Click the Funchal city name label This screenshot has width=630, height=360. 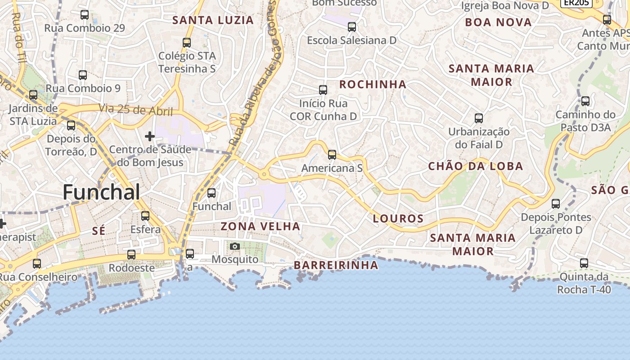click(101, 192)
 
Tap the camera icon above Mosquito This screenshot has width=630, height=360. click(234, 246)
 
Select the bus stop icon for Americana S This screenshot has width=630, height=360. click(332, 155)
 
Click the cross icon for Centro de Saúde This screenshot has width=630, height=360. click(150, 136)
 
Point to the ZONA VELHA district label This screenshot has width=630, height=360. click(261, 226)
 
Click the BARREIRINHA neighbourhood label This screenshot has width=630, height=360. click(336, 265)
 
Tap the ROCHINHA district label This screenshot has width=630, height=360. click(373, 85)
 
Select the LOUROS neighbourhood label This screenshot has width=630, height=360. click(398, 219)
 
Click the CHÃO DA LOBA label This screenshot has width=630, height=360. click(476, 166)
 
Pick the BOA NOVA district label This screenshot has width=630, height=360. click(498, 22)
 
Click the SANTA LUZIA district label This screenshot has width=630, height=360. click(213, 20)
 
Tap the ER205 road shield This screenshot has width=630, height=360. click(576, 3)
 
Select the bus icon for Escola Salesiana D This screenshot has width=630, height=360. click(352, 27)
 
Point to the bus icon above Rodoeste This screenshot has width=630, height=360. click(131, 255)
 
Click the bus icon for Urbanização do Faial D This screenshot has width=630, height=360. click(479, 118)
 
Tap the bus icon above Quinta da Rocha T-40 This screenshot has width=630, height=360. click(584, 263)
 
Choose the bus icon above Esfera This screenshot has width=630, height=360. click(145, 216)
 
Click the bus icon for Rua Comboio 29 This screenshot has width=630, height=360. click(85, 15)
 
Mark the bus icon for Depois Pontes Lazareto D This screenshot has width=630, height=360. click(556, 204)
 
